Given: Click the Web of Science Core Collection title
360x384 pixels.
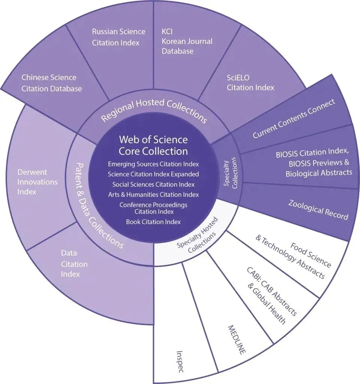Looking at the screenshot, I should pyautogui.click(x=153, y=145).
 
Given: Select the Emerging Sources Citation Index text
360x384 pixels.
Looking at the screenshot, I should pyautogui.click(x=153, y=164).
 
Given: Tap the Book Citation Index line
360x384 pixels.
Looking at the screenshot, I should pyautogui.click(x=153, y=222).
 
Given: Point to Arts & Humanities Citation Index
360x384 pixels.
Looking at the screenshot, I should pyautogui.click(x=153, y=194).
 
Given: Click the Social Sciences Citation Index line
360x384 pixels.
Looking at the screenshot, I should pyautogui.click(x=153, y=184).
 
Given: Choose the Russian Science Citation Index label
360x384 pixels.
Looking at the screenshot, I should pyautogui.click(x=118, y=37).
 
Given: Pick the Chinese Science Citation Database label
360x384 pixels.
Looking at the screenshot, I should pyautogui.click(x=52, y=83).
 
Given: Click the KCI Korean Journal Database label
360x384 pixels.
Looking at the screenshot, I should pyautogui.click(x=187, y=41).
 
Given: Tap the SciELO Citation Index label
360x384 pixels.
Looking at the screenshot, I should pyautogui.click(x=250, y=82).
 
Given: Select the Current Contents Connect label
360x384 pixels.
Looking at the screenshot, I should pyautogui.click(x=293, y=119).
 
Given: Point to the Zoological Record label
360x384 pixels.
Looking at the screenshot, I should pyautogui.click(x=318, y=210).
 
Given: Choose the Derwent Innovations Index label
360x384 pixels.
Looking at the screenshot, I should pyautogui.click(x=37, y=182).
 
